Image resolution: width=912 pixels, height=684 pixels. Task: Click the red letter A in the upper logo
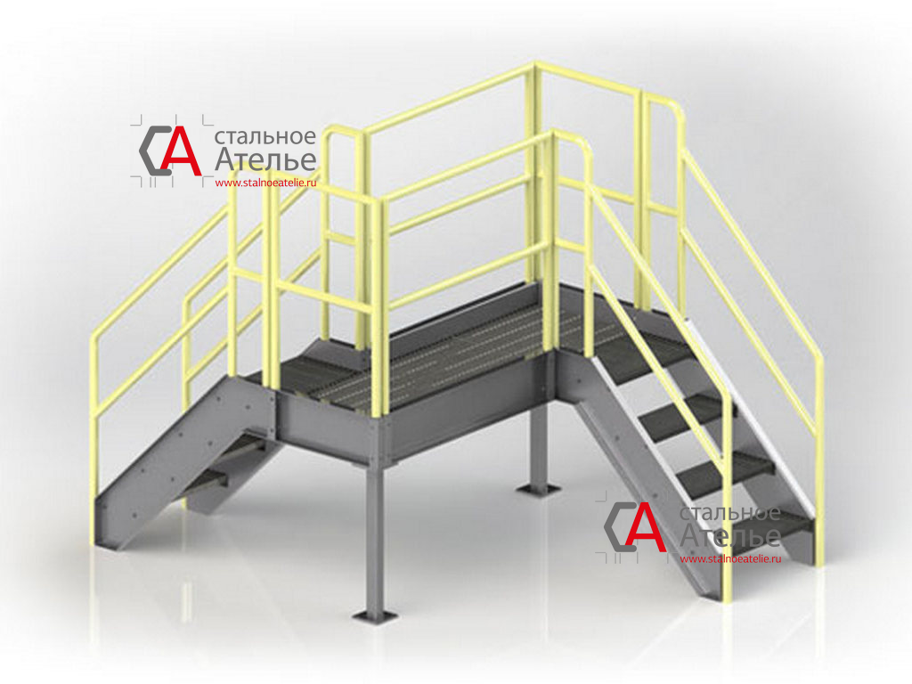[x=182, y=151]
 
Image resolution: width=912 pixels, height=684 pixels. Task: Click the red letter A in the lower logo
[x=647, y=527]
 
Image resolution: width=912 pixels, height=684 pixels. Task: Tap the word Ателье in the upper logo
[x=265, y=159]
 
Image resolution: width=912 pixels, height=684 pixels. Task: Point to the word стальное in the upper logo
[x=265, y=137]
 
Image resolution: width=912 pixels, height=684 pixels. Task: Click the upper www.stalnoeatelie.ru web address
[x=265, y=183]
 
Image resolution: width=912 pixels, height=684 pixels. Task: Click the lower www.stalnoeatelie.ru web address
[x=730, y=559]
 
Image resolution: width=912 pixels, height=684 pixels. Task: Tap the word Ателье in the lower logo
[x=730, y=535]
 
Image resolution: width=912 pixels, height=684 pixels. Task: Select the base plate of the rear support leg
[x=539, y=489]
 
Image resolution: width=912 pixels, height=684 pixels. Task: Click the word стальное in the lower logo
[x=730, y=514]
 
